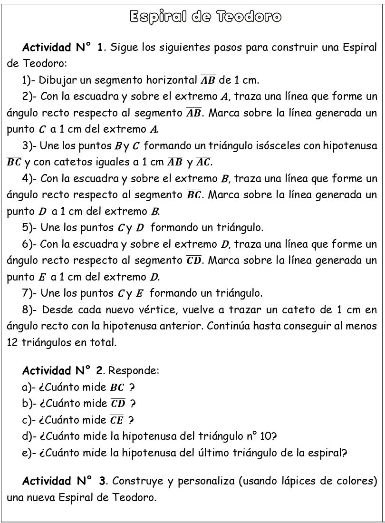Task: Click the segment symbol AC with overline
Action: point(203,162)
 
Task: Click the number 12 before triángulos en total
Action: point(13,343)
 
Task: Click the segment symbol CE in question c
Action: point(116,420)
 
